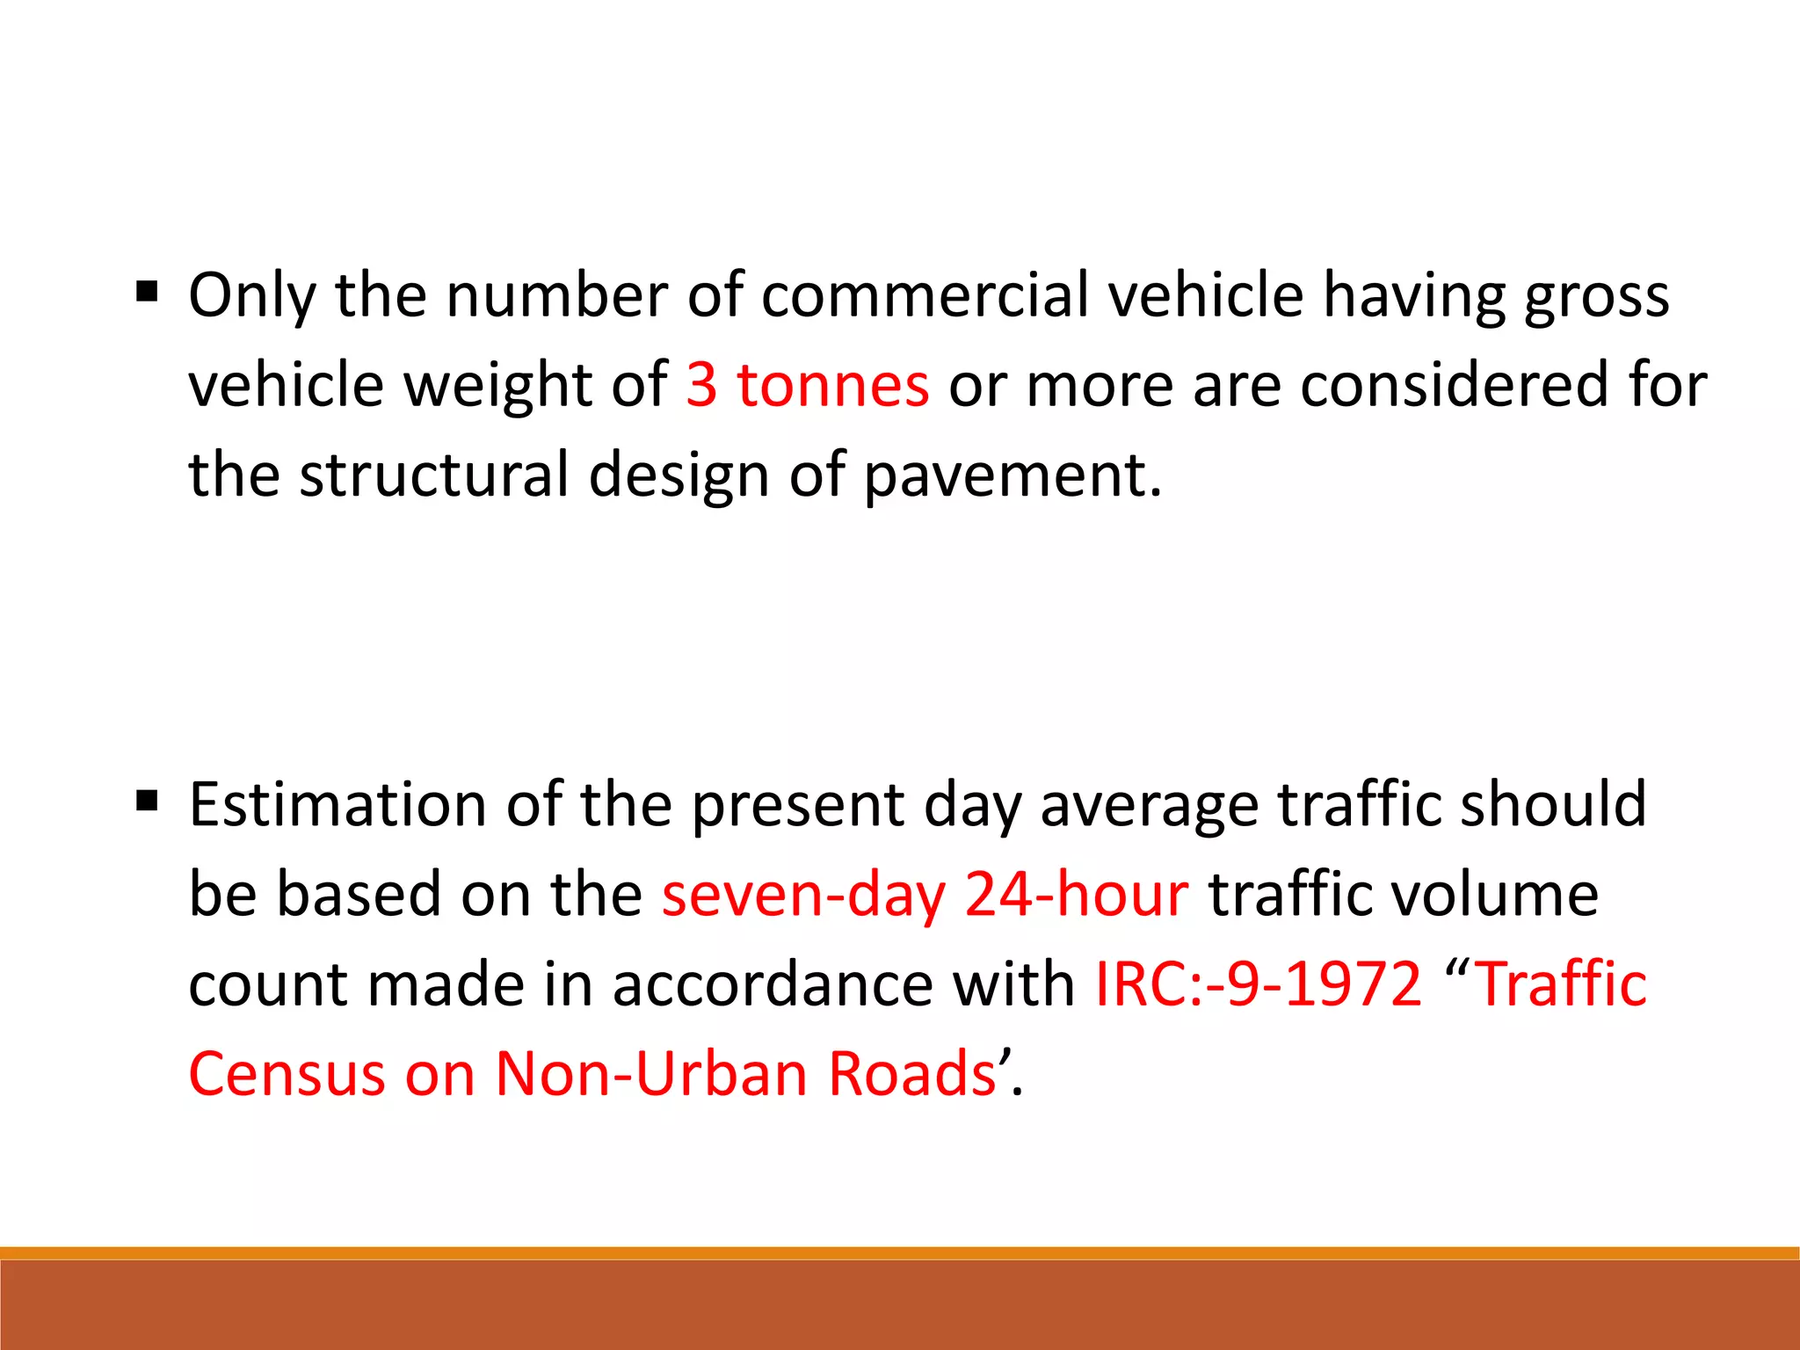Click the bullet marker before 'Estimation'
(x=148, y=801)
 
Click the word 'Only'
(x=251, y=296)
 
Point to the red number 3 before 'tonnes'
(x=701, y=385)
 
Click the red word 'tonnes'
(x=832, y=385)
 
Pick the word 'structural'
(x=434, y=475)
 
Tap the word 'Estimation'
(x=337, y=804)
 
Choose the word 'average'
(x=1150, y=806)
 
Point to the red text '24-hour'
(x=1076, y=895)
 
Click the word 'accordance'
(x=773, y=984)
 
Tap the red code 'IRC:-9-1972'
(x=1258, y=984)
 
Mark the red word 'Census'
(x=287, y=1074)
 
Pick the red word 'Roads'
(x=911, y=1074)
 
